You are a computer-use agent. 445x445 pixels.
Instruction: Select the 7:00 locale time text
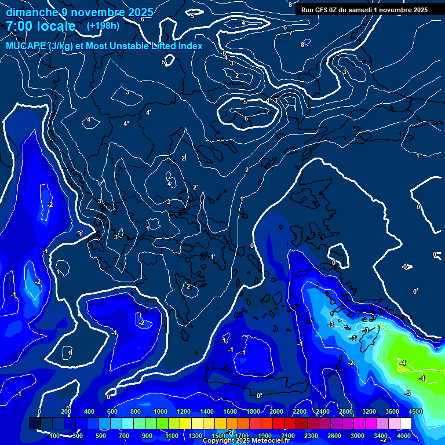41,26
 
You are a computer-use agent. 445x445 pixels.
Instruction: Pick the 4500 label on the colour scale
415,411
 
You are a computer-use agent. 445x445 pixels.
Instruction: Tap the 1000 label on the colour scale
160,411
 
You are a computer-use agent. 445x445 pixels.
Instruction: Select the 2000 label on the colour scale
276,411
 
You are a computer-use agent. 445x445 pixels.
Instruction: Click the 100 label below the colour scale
55,436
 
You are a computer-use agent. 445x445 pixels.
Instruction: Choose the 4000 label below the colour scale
404,436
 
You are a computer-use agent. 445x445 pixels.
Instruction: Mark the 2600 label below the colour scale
334,436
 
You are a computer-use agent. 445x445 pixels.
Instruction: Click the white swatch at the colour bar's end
406,424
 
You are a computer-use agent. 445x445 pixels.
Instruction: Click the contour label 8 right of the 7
302,45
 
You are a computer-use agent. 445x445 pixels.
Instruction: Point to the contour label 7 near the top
291,33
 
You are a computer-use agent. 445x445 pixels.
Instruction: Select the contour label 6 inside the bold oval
246,119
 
